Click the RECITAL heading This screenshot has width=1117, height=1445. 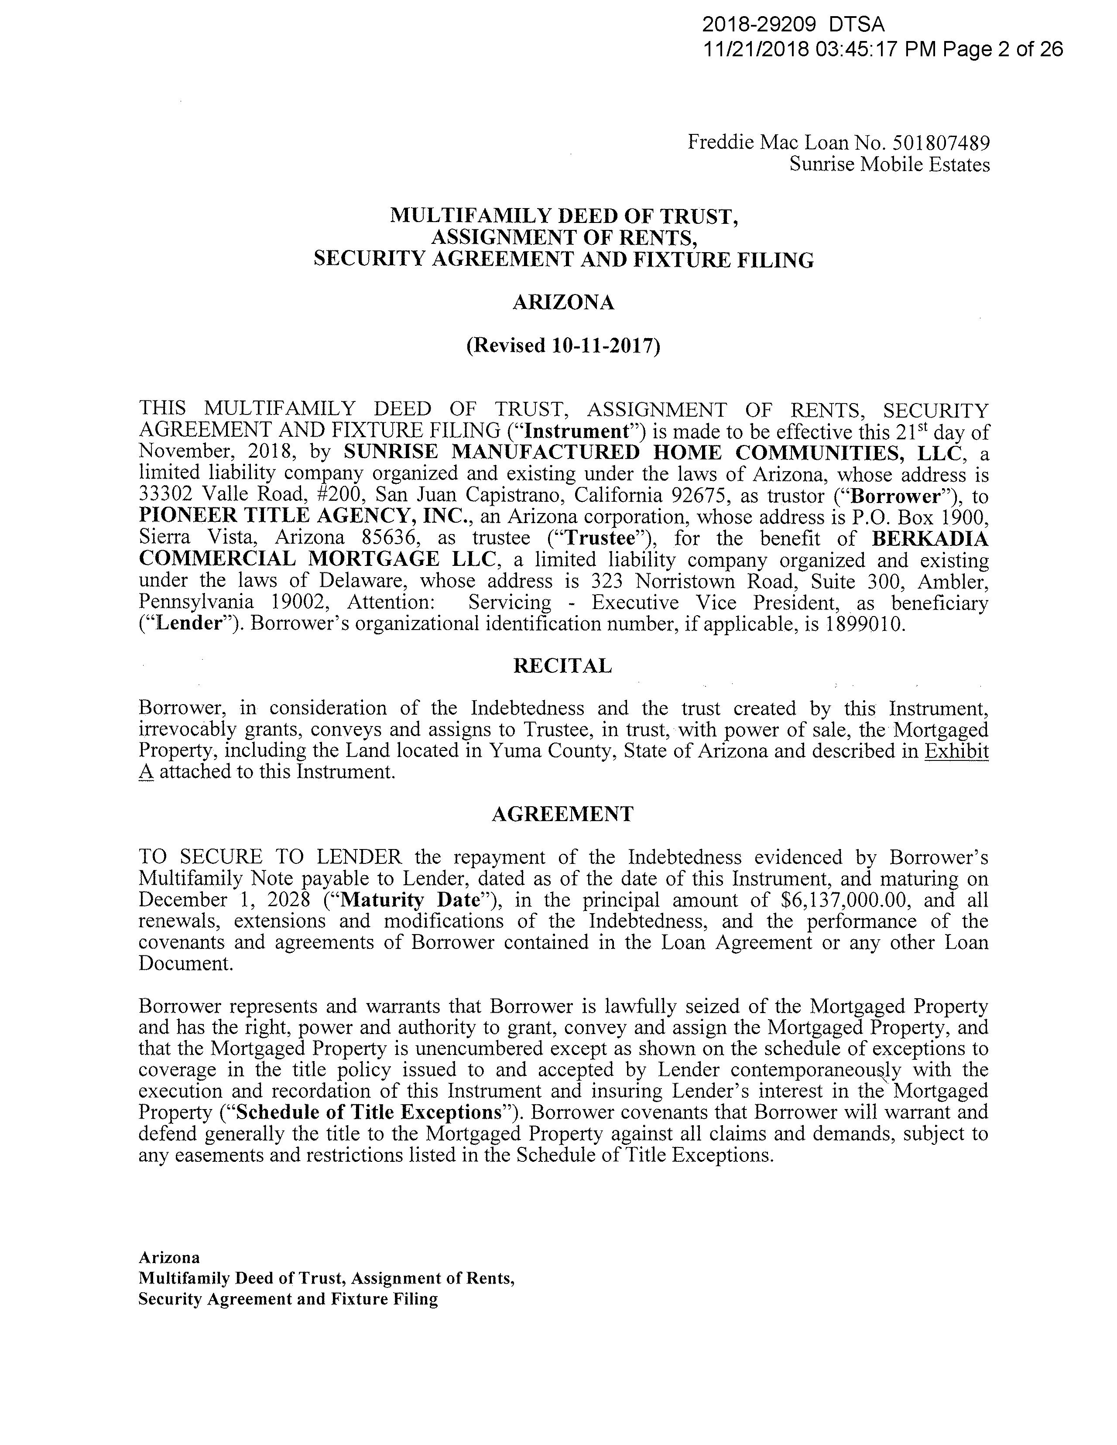click(x=562, y=666)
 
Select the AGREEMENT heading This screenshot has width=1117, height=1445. click(x=562, y=813)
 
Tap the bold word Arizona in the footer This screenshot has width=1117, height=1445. click(x=169, y=1257)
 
